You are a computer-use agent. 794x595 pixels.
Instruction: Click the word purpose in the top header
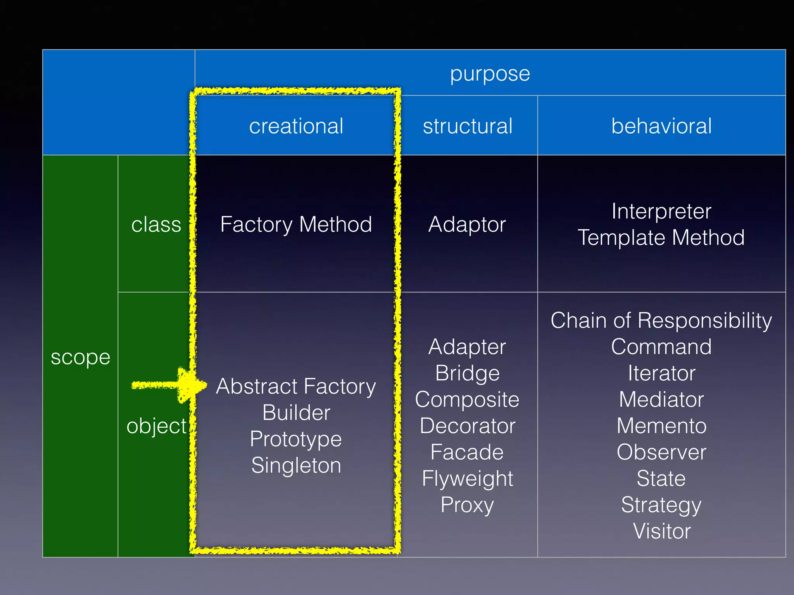[x=490, y=74]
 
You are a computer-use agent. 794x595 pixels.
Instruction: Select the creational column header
[x=296, y=126]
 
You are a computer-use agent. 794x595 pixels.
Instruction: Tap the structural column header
[x=468, y=126]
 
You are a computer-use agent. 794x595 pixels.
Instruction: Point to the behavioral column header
[x=661, y=126]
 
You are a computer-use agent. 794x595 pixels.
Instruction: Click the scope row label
[x=80, y=357]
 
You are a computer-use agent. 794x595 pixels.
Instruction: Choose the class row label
[x=156, y=225]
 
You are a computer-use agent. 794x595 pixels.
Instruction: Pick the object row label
[x=157, y=426]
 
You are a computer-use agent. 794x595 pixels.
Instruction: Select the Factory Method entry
[x=296, y=225]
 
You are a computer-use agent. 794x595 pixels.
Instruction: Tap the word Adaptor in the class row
[x=467, y=225]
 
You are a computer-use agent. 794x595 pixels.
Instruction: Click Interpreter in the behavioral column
[x=661, y=212]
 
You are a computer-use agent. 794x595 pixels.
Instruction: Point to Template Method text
[x=661, y=237]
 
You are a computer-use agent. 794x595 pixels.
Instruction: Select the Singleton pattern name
[x=296, y=465]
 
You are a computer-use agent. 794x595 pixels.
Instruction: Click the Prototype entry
[x=296, y=439]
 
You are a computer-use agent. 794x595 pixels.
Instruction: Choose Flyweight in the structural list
[x=467, y=479]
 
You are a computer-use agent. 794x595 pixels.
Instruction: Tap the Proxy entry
[x=467, y=505]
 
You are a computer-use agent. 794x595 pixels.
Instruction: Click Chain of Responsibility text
[x=661, y=321]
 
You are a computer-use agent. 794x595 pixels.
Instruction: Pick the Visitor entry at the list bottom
[x=661, y=531]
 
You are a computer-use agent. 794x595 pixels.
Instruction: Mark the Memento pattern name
[x=661, y=426]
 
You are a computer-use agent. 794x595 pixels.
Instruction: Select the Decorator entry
[x=467, y=426]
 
